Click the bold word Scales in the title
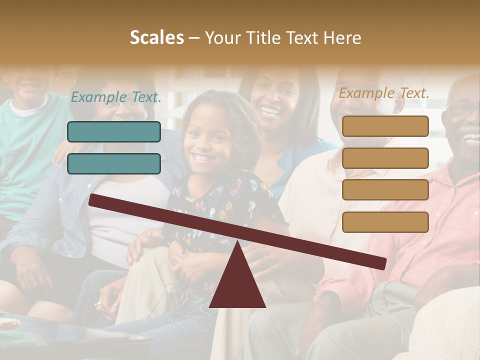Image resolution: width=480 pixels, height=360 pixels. (156, 37)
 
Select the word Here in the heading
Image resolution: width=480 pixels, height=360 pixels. (341, 37)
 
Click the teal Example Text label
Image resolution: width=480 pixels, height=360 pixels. (116, 97)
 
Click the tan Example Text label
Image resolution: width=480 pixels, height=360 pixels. (384, 92)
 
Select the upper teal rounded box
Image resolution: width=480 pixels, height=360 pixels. (114, 131)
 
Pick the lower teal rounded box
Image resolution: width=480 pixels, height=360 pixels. (114, 163)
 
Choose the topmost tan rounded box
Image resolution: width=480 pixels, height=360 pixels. (385, 126)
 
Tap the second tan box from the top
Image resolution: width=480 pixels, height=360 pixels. (385, 158)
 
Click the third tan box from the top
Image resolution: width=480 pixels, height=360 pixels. (385, 190)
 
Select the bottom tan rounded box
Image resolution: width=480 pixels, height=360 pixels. (385, 222)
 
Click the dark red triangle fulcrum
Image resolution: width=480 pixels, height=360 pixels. (237, 285)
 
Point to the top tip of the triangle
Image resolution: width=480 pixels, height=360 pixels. (237, 242)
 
